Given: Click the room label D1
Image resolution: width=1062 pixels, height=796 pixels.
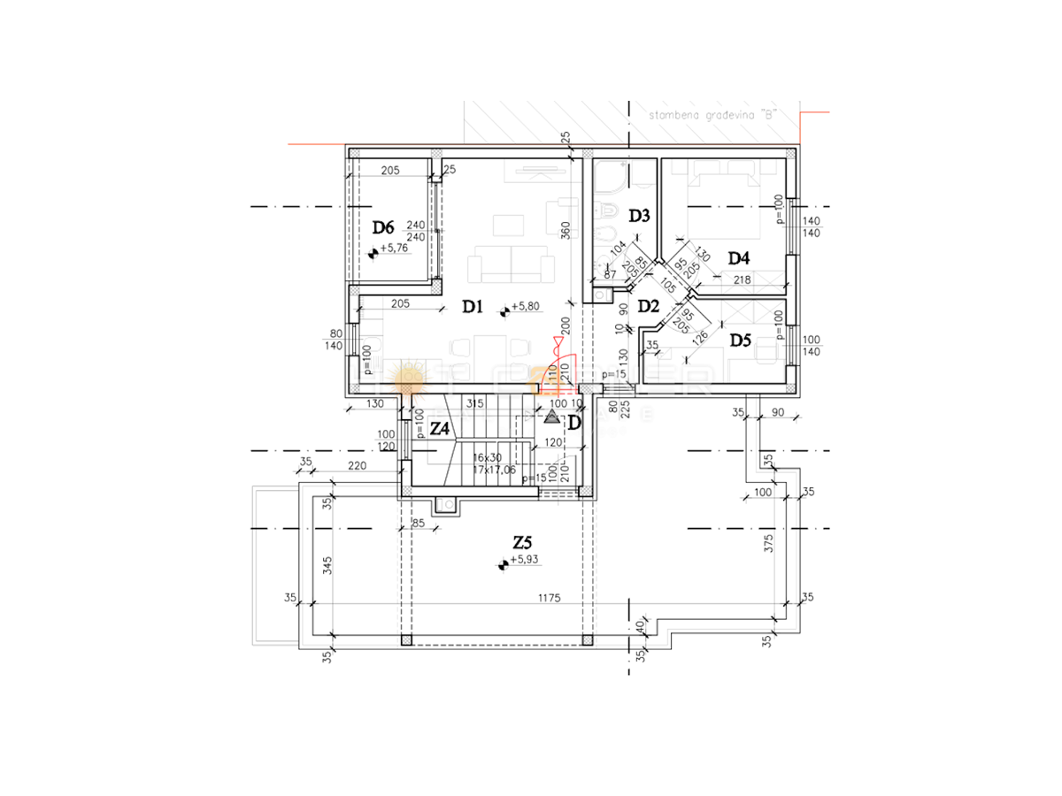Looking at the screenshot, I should pos(471,307).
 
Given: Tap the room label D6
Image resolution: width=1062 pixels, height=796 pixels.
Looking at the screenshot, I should pos(382,228).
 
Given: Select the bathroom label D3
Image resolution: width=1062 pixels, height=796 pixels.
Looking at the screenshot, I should pos(640,215).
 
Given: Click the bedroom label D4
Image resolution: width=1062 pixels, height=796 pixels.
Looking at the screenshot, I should pos(739,258).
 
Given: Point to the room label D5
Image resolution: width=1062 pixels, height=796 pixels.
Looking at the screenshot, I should pos(740,339).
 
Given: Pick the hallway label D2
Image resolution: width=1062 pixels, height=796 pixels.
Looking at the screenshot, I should pos(649,307).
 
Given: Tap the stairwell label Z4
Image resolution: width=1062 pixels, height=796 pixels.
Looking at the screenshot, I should pos(440,428).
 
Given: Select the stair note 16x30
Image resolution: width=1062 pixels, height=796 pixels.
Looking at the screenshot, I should pos(487,457).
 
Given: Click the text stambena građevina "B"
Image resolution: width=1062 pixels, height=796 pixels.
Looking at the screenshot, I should pos(712,114).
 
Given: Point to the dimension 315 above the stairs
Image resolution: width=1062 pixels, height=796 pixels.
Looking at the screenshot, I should pos(474,403).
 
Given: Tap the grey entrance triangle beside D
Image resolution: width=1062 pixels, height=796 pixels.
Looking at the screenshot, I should pos(552,416).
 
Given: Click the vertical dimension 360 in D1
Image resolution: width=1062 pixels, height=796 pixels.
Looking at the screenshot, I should pos(566,231).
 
